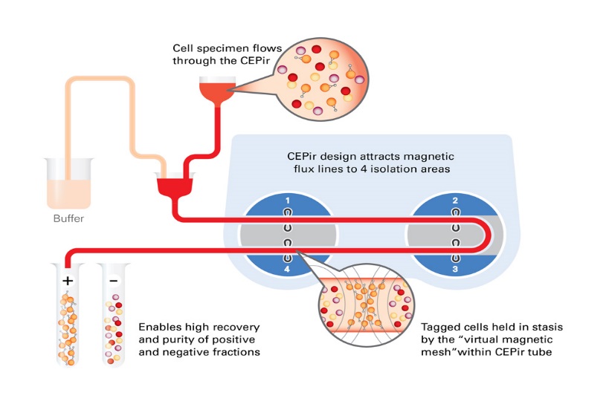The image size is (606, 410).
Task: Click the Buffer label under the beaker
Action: click(68, 219)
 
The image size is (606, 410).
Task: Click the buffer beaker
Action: click(68, 184)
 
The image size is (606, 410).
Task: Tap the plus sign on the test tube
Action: click(68, 281)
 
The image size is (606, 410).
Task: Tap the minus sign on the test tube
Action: click(113, 281)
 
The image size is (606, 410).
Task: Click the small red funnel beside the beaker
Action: click(173, 184)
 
